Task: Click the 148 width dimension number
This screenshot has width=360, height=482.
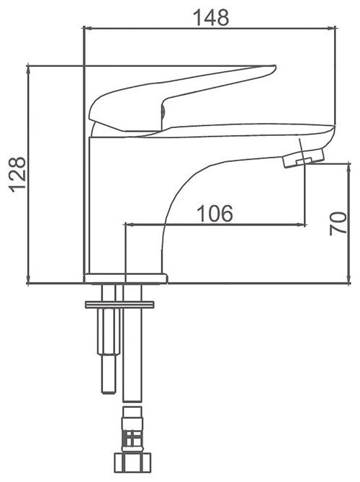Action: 211,17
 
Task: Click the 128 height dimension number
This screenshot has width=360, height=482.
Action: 17,175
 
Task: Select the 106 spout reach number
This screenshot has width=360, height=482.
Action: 215,214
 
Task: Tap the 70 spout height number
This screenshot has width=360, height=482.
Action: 338,224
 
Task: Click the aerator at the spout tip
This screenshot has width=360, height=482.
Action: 304,158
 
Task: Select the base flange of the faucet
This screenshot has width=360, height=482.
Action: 125,278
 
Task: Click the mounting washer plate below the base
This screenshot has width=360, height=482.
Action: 120,304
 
